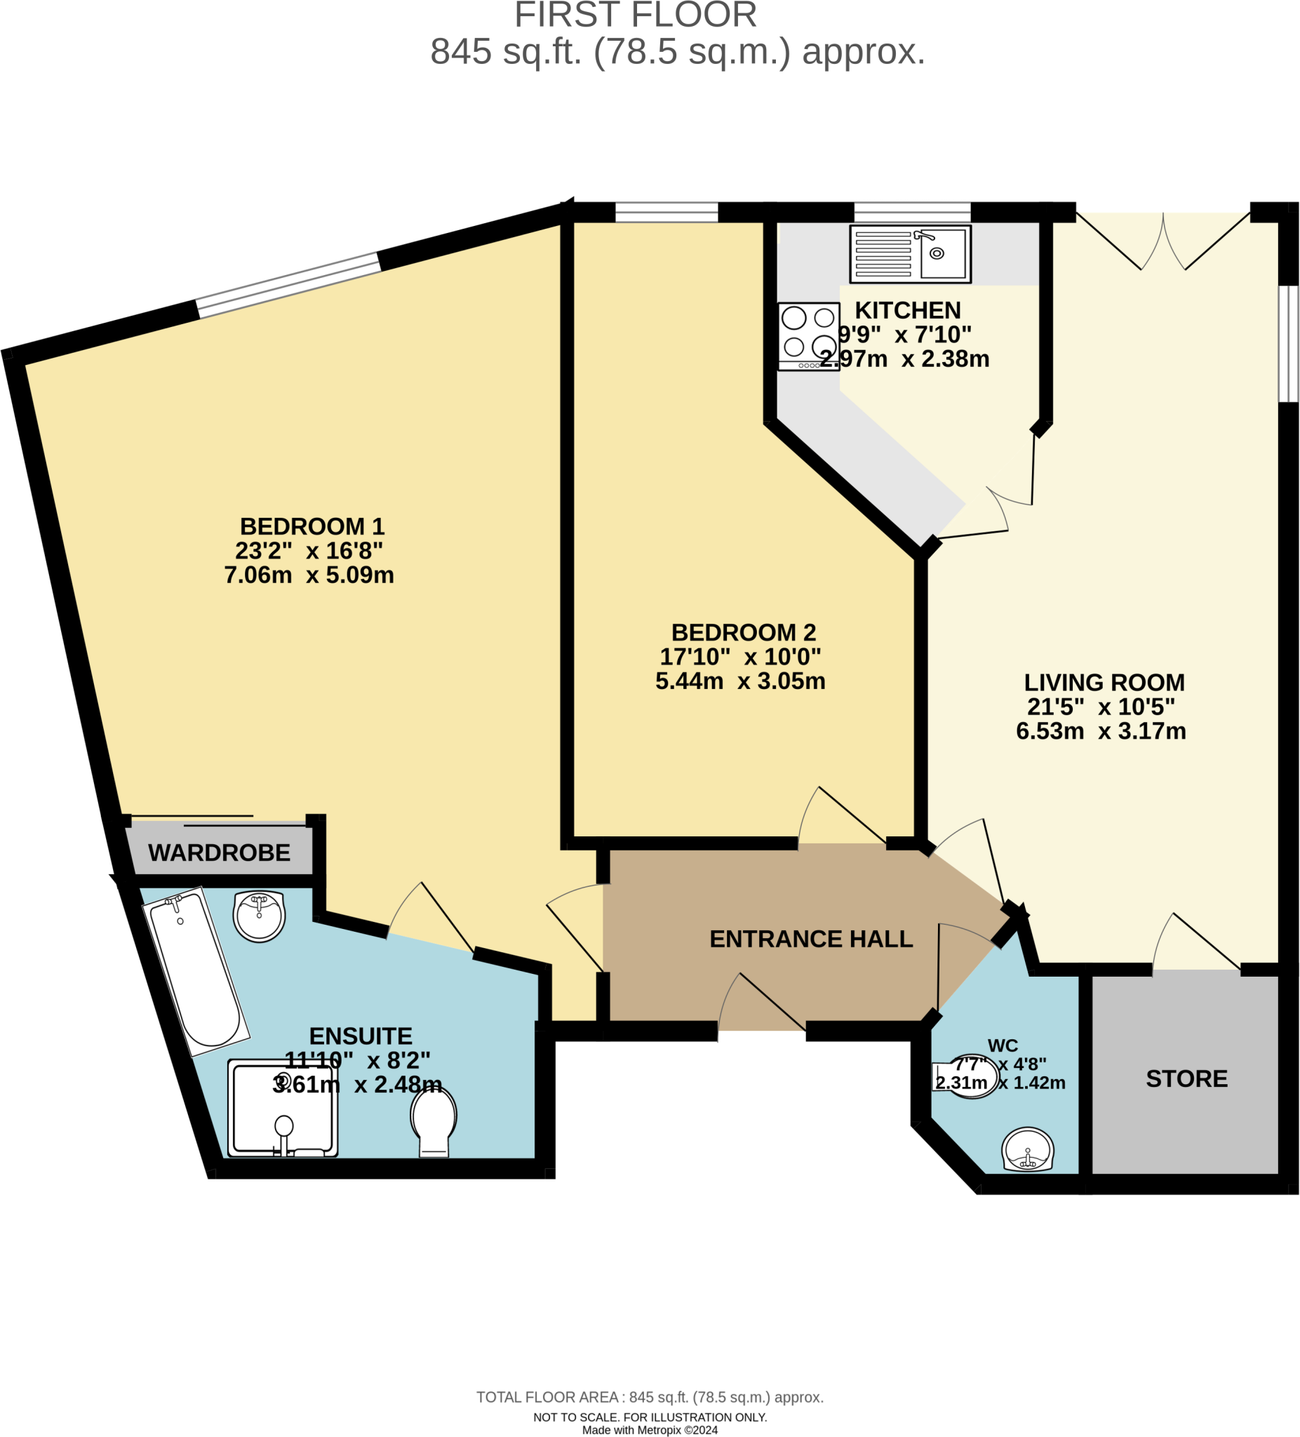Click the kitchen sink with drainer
tap(910, 254)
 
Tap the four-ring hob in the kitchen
tap(808, 335)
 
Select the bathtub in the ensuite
tap(195, 972)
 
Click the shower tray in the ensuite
tap(283, 1108)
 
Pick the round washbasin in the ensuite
tap(260, 916)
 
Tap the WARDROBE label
tap(220, 853)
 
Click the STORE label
tap(1186, 1078)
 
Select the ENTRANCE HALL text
tap(811, 939)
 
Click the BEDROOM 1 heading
tap(312, 526)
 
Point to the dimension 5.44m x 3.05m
tap(741, 681)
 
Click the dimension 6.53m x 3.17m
tap(1101, 730)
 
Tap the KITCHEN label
tap(907, 310)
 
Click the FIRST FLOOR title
tap(635, 15)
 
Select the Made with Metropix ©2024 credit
tap(649, 1429)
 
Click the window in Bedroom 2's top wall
tap(666, 213)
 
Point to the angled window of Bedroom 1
tap(288, 284)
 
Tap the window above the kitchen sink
tap(911, 213)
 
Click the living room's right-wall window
tap(1288, 344)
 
